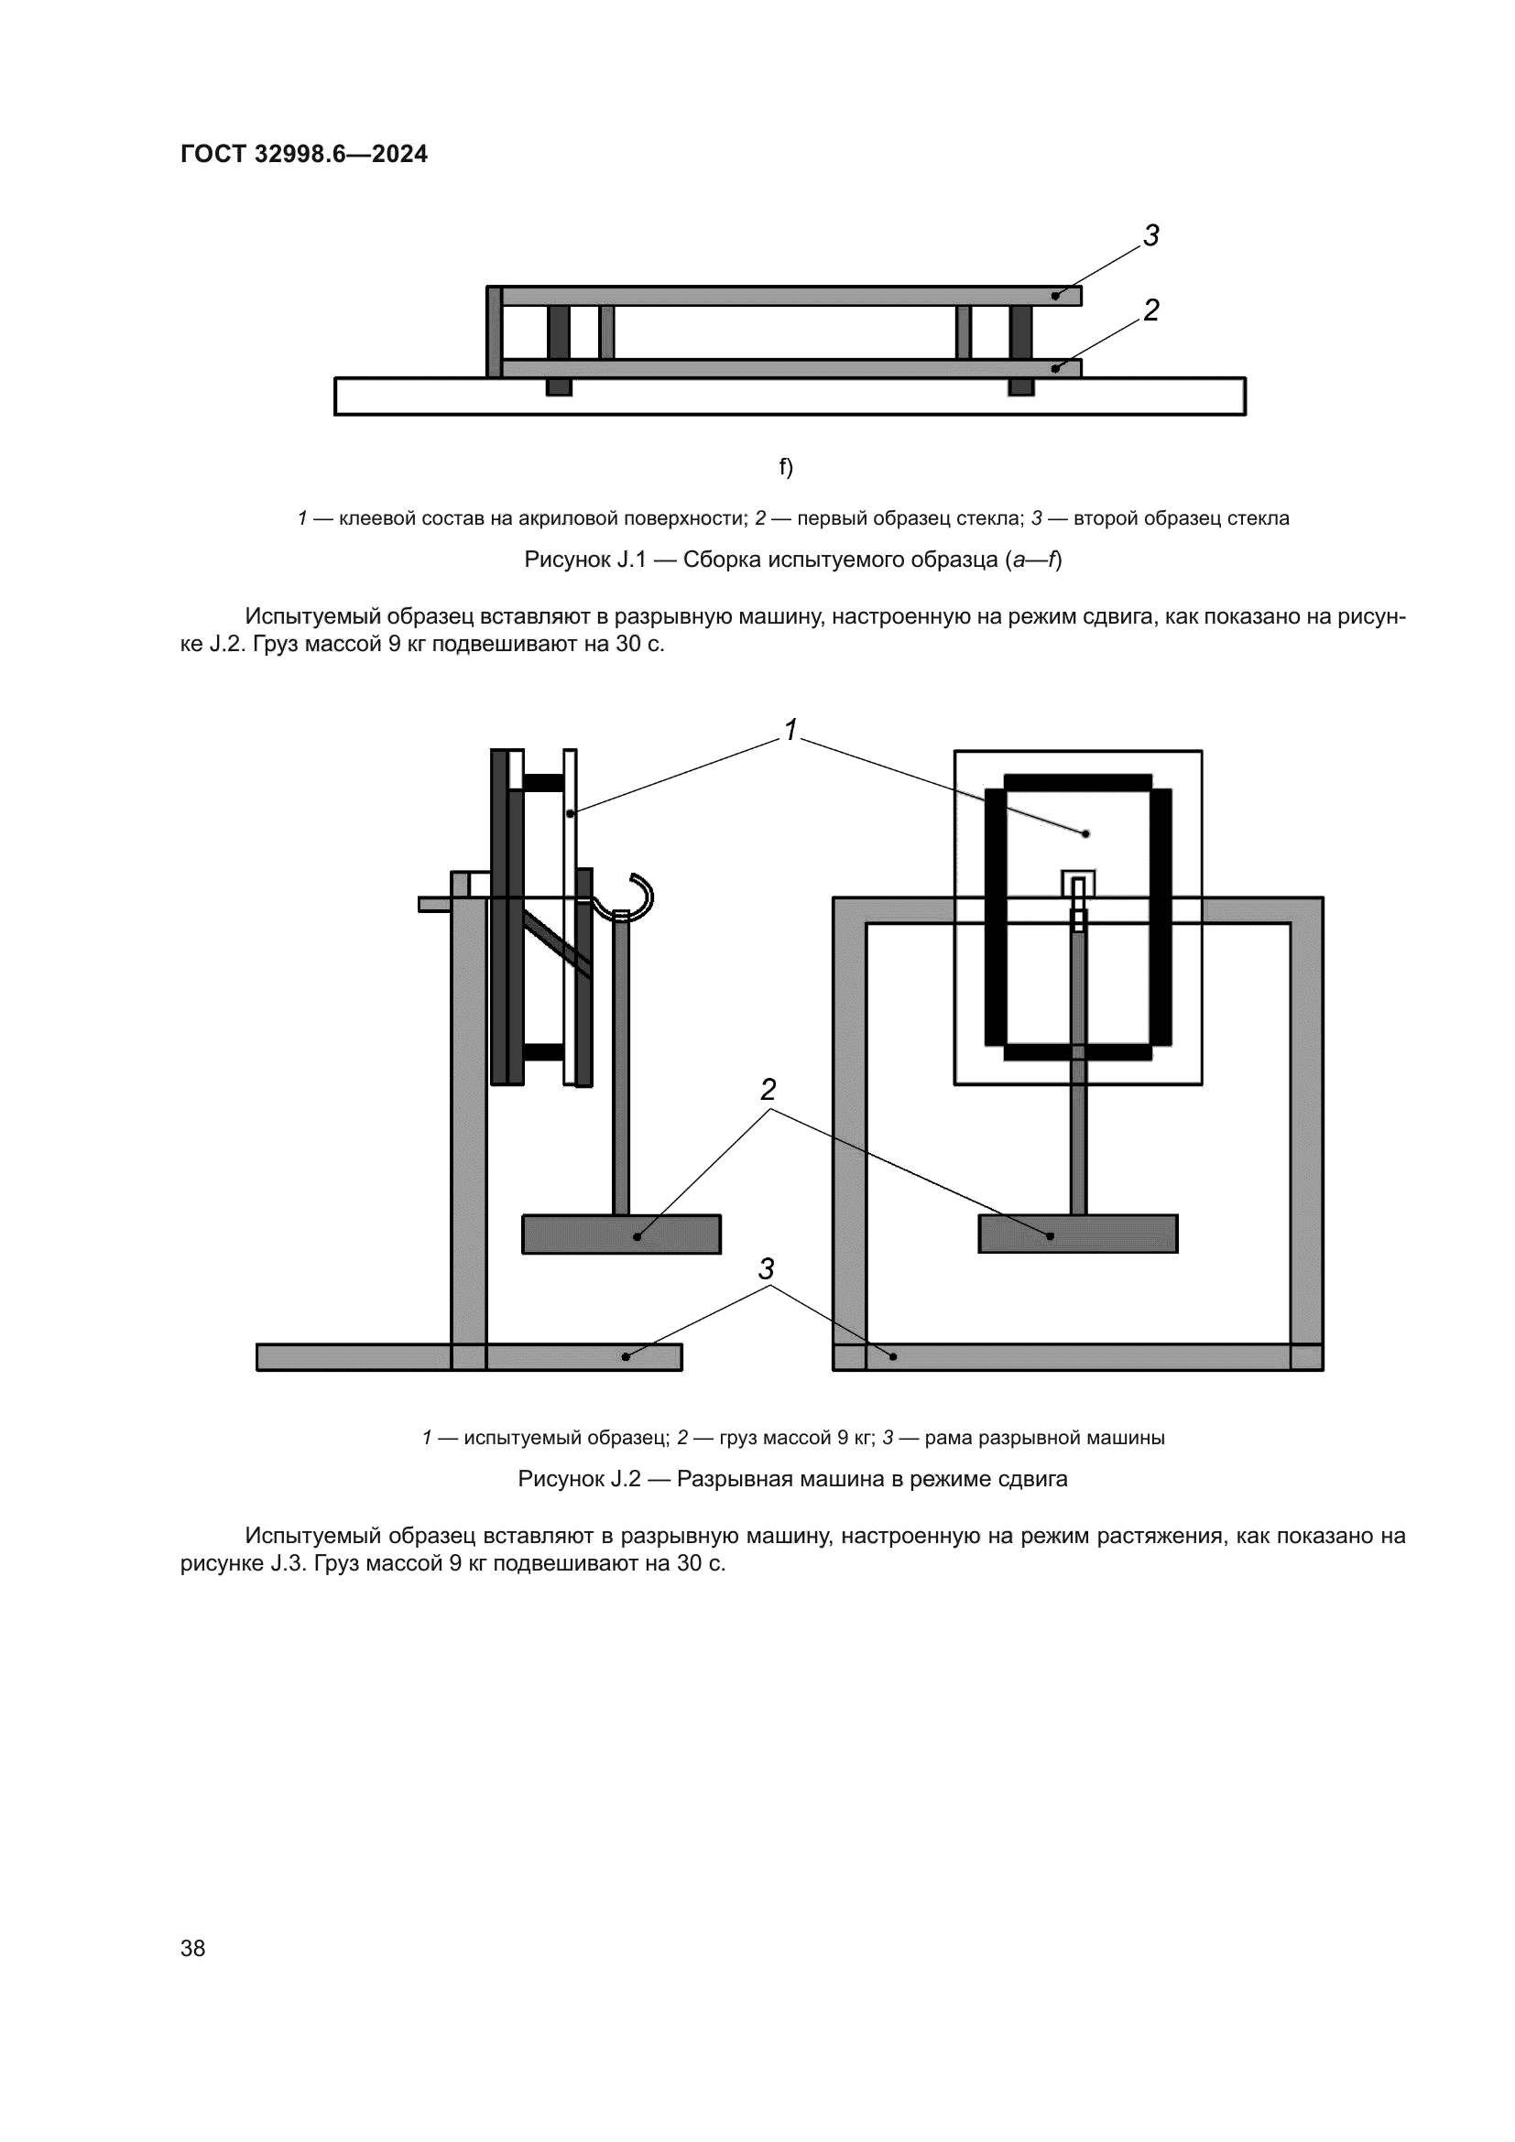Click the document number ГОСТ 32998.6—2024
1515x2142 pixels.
[304, 154]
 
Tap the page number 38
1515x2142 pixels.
[193, 1948]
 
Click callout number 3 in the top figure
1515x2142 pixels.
[1151, 236]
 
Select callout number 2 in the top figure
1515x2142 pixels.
[1151, 310]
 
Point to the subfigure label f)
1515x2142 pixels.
[786, 466]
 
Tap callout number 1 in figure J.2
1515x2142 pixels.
[791, 731]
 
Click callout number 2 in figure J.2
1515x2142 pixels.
[768, 1089]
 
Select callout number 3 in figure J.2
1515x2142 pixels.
[766, 1268]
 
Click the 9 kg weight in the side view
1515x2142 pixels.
[621, 1234]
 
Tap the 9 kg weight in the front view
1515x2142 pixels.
[1077, 1234]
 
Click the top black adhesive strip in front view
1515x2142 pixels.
[1077, 782]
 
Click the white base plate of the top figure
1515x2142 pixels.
[790, 397]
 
